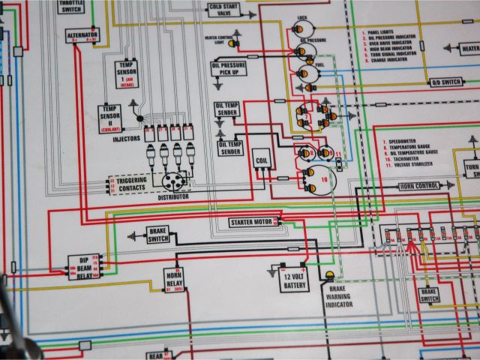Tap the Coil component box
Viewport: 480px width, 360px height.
[262, 160]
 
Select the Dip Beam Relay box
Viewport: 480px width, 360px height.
[84, 265]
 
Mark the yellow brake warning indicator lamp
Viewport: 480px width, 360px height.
[329, 277]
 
